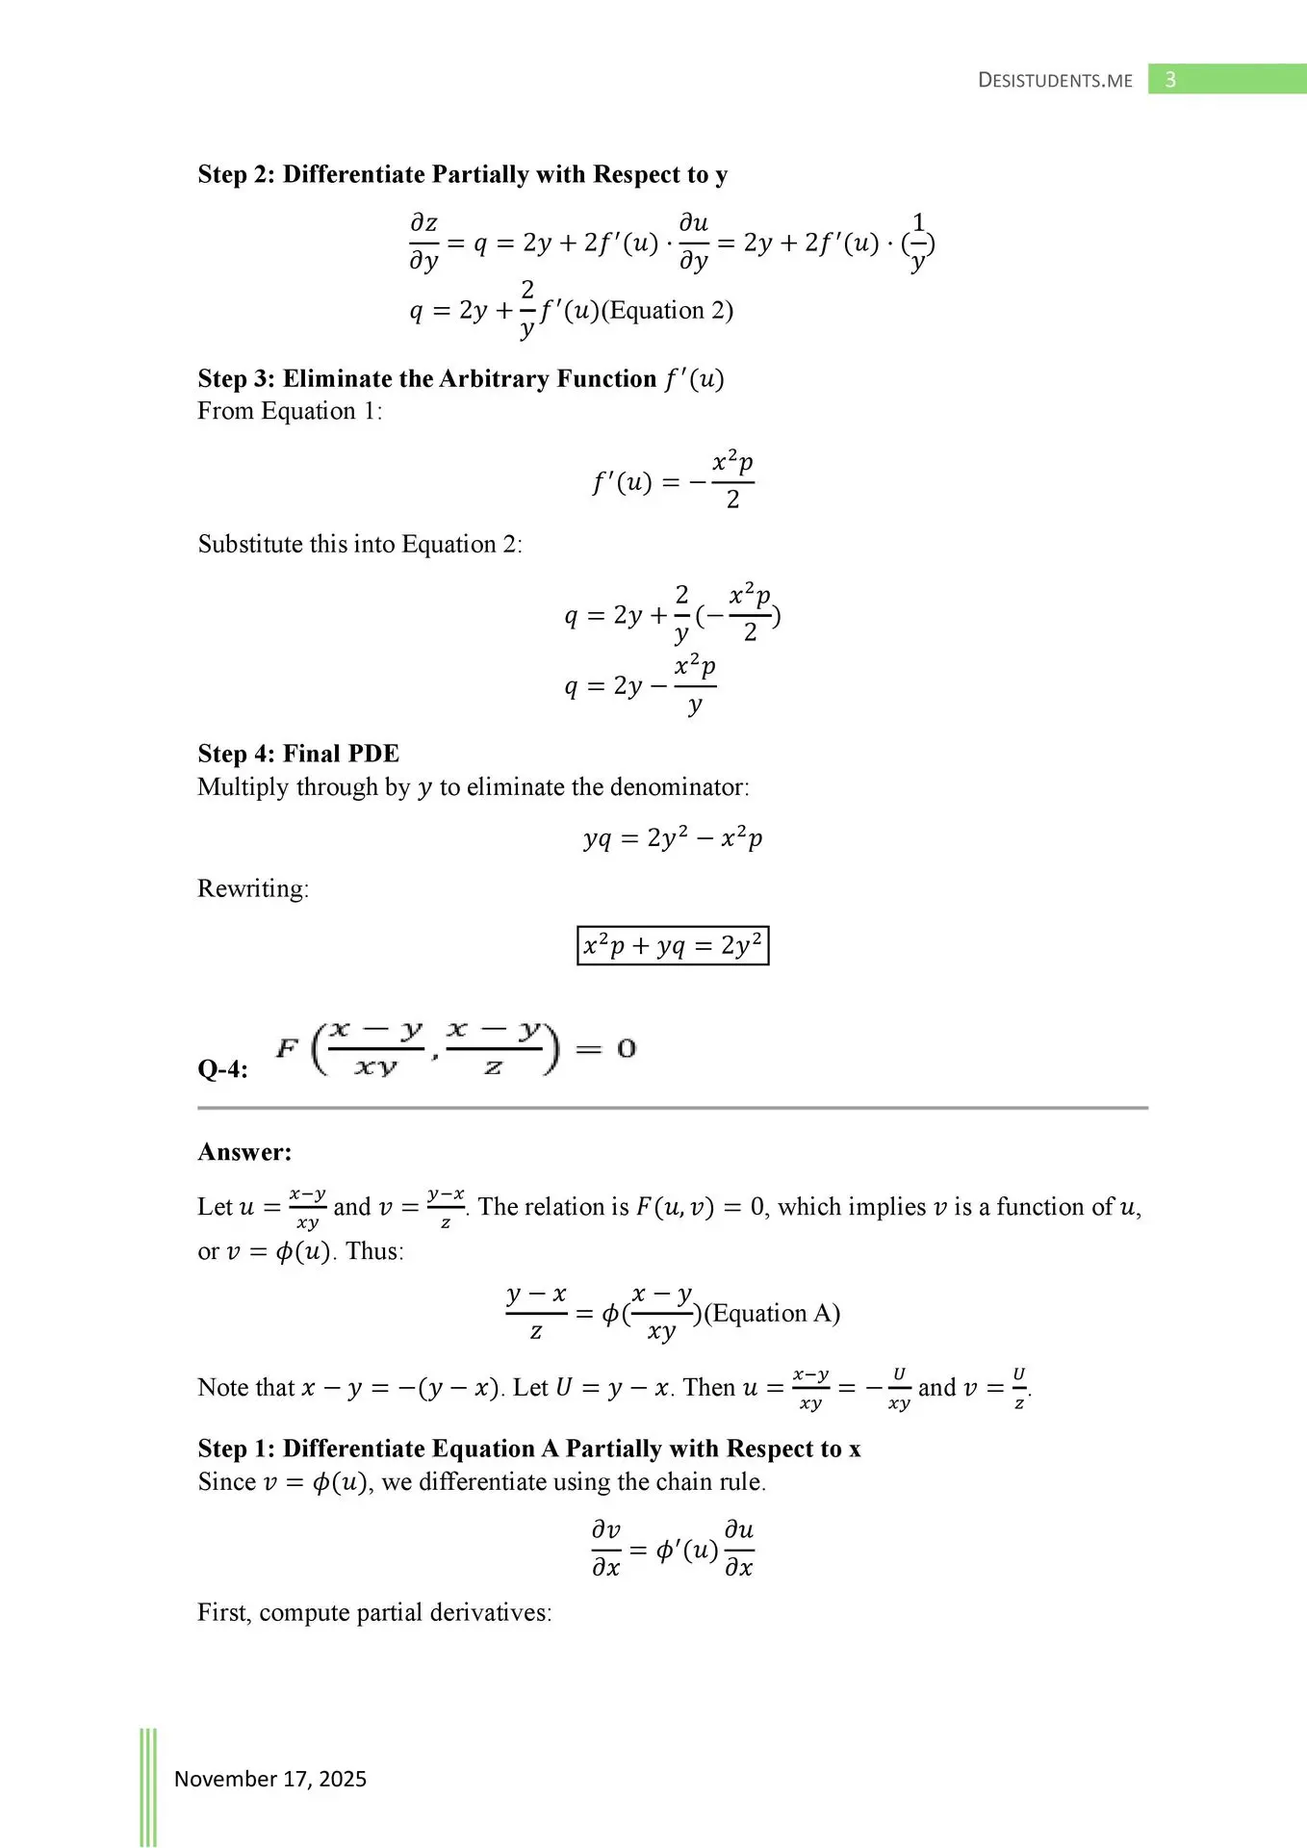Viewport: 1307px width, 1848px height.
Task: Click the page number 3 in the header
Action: pyautogui.click(x=1170, y=80)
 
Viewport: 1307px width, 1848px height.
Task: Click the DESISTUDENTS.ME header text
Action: pyautogui.click(x=1055, y=81)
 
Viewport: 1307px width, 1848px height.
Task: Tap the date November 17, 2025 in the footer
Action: pyautogui.click(x=270, y=1779)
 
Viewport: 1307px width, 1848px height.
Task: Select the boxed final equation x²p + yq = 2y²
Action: pyautogui.click(x=673, y=945)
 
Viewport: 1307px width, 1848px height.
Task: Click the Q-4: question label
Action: pyautogui.click(x=222, y=1069)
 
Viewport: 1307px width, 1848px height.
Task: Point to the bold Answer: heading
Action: pyautogui.click(x=244, y=1152)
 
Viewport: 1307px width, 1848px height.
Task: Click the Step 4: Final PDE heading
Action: pyautogui.click(x=298, y=754)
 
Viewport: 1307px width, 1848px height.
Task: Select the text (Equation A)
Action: pyautogui.click(x=773, y=1314)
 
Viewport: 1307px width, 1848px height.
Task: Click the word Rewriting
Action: pyautogui.click(x=252, y=888)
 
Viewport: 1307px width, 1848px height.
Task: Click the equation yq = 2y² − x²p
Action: pyautogui.click(x=673, y=838)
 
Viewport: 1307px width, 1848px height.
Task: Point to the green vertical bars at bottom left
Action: pyautogui.click(x=148, y=1785)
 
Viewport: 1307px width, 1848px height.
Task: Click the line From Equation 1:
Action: pyautogui.click(x=290, y=411)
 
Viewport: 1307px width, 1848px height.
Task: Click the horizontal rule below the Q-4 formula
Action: pyautogui.click(x=673, y=1108)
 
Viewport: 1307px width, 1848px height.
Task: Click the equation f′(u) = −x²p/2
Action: pyautogui.click(x=673, y=480)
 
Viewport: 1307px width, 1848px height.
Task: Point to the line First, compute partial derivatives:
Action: pyautogui.click(x=374, y=1612)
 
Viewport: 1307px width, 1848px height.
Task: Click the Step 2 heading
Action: pyautogui.click(x=462, y=174)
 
